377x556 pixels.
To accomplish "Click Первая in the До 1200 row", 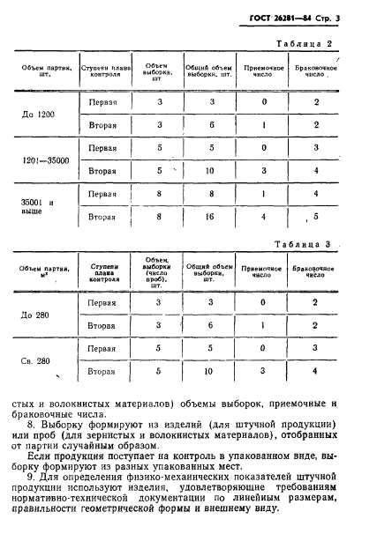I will click(103, 102).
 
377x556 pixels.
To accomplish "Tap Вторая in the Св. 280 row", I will click(102, 372).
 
